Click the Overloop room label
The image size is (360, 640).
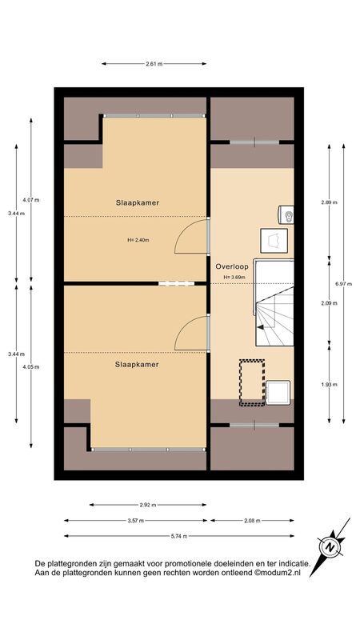(x=232, y=266)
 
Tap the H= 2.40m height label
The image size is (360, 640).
(x=138, y=240)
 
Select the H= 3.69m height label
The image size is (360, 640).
(x=234, y=277)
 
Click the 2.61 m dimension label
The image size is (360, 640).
(x=154, y=64)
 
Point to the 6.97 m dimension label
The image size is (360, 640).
(x=346, y=284)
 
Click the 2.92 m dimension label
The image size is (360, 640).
(x=148, y=505)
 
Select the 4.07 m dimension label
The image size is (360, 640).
(x=31, y=200)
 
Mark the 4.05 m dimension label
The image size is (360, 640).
(x=31, y=366)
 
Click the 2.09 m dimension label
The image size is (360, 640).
(x=330, y=303)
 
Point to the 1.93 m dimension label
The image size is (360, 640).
(x=330, y=385)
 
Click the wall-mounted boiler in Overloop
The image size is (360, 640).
(x=286, y=214)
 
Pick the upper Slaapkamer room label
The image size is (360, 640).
(x=137, y=202)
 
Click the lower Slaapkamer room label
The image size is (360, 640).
(x=137, y=365)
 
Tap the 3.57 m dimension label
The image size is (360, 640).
(x=135, y=521)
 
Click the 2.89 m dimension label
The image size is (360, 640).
(x=330, y=202)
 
